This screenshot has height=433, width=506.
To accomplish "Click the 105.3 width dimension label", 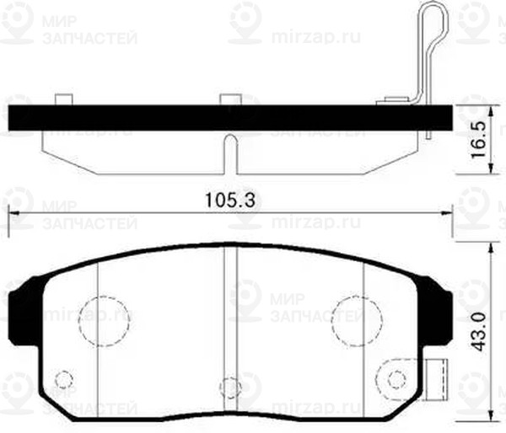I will tap(229, 200).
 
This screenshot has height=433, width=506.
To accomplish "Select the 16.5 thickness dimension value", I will tap(478, 134).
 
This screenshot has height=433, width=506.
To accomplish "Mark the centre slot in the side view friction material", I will tap(228, 152).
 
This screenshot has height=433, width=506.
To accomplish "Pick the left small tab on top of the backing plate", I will tap(62, 99).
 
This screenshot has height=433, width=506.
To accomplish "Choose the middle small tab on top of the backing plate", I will tap(228, 99).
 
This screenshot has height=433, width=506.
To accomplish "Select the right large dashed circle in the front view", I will tap(355, 318).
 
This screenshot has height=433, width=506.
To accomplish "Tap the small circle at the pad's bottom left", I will tap(62, 380).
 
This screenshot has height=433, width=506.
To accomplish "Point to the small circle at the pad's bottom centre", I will tap(229, 387).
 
